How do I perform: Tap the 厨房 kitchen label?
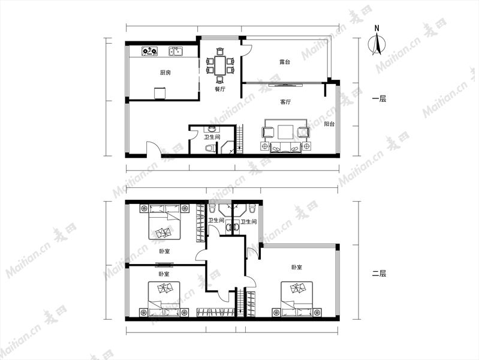tap(165, 73)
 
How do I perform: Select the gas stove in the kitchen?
tap(150, 51)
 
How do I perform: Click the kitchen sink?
tap(176, 51)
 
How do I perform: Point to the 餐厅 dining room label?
tap(219, 89)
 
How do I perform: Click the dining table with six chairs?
tap(219, 65)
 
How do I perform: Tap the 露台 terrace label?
tap(285, 62)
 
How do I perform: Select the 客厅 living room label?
tap(285, 102)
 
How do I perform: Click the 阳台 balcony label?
tap(329, 124)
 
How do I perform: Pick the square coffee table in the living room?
tap(285, 132)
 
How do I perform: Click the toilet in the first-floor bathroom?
tap(210, 148)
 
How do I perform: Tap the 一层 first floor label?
tap(379, 99)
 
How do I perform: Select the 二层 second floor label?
tap(379, 273)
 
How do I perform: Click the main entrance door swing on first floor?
tap(153, 149)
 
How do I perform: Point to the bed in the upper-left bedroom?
tap(164, 222)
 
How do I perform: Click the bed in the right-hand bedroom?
tap(297, 299)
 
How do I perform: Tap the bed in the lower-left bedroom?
tap(164, 299)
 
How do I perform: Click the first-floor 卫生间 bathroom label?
tap(212, 137)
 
